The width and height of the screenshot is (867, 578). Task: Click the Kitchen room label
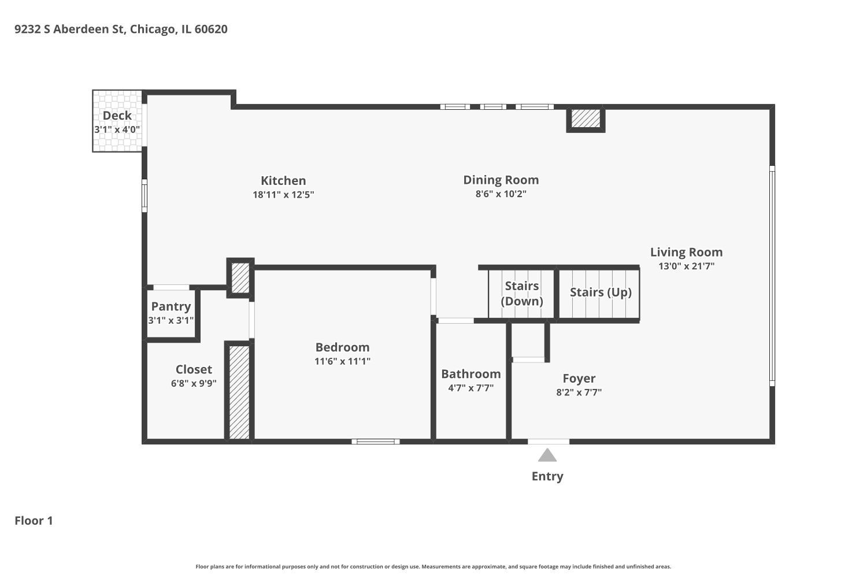(283, 180)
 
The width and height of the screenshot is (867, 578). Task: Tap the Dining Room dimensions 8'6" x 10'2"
(501, 194)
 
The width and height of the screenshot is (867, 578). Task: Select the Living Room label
(686, 252)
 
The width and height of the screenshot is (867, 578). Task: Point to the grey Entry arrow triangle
(547, 456)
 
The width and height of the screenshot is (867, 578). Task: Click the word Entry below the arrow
(547, 476)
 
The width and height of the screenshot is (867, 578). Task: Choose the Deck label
(117, 116)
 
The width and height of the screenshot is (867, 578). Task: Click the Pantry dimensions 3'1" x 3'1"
(171, 320)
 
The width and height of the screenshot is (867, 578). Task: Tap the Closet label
(194, 369)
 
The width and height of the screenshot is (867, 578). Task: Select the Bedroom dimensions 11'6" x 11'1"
(342, 361)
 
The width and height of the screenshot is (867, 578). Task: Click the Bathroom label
(470, 374)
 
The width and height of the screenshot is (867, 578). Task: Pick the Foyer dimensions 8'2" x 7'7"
(579, 392)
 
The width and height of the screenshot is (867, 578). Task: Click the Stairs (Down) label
(522, 294)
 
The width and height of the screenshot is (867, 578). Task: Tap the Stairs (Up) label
(601, 292)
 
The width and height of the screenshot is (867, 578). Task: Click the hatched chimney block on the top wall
(586, 118)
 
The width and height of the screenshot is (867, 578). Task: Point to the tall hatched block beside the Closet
(239, 392)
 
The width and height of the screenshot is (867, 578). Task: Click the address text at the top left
(121, 29)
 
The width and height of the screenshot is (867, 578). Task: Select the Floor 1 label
(34, 521)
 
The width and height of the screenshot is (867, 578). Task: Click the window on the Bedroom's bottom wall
(376, 442)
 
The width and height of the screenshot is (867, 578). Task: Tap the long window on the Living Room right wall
(772, 276)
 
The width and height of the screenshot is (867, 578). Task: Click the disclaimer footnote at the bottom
(433, 567)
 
